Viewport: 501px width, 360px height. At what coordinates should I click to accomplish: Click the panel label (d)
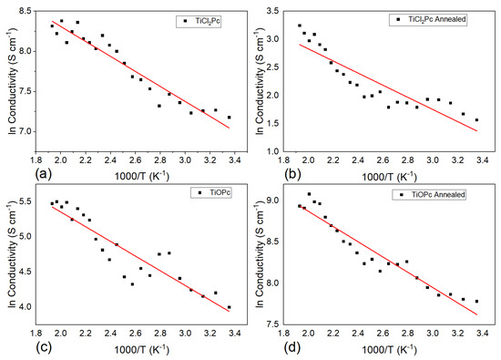coord(264,348)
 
